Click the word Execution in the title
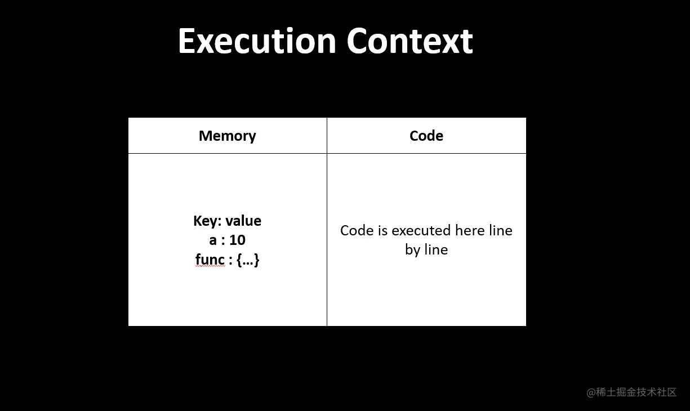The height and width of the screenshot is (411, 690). [257, 41]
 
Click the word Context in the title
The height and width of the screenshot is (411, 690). [409, 41]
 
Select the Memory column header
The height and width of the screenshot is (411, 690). [228, 136]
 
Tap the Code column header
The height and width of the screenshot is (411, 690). [426, 136]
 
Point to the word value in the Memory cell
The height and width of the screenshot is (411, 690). [243, 221]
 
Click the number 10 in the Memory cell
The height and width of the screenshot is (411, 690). [237, 240]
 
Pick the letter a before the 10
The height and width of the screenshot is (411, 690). [213, 241]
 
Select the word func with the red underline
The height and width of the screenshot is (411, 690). [210, 260]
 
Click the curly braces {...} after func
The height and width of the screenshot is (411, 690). [248, 260]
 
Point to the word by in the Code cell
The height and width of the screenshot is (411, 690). [413, 250]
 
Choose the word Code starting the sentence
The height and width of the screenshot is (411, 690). [357, 231]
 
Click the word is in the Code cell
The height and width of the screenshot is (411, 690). [382, 231]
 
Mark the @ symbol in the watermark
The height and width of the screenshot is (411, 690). [591, 393]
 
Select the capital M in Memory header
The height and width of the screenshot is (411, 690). [206, 136]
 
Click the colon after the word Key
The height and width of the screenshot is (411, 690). [220, 222]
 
